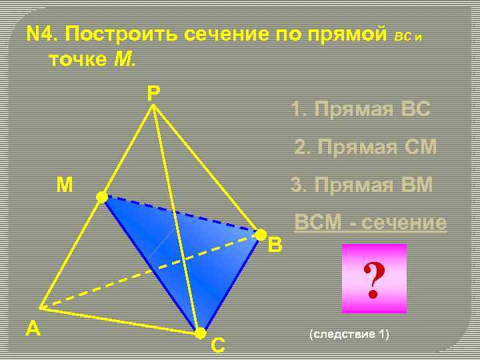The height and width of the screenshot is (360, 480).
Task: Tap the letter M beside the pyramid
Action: (x=65, y=185)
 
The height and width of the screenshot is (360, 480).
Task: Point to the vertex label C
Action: (x=217, y=345)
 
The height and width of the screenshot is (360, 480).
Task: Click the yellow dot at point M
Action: (x=101, y=197)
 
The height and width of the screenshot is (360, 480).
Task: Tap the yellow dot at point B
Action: (x=261, y=234)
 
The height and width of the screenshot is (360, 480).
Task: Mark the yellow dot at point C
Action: (x=199, y=333)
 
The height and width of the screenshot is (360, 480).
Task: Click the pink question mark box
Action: (x=373, y=279)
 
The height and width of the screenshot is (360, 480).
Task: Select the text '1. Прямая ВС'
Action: (x=361, y=109)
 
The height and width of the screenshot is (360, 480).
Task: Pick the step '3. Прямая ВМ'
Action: (x=362, y=185)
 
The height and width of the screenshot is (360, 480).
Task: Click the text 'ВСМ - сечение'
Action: (x=371, y=223)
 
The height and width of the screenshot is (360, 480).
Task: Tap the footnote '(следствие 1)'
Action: (x=349, y=333)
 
